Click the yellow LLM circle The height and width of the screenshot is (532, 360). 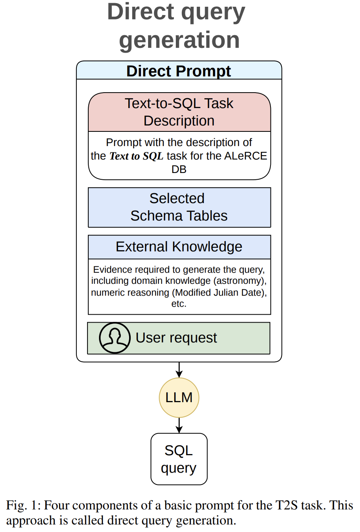tap(179, 397)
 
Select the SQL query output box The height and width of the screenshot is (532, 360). tap(179, 459)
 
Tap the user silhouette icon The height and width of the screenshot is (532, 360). tap(115, 338)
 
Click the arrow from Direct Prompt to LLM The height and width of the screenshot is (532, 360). tap(179, 370)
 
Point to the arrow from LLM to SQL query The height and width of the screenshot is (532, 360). tap(179, 426)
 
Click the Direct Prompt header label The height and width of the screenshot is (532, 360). tap(179, 71)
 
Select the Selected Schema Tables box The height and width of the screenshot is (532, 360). tap(179, 207)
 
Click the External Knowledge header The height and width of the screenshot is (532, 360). tap(179, 247)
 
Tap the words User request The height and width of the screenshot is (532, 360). tap(176, 338)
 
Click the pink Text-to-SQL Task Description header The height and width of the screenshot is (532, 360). tap(179, 112)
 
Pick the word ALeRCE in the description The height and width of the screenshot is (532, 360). tap(246, 156)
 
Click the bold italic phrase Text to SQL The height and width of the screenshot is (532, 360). tap(136, 156)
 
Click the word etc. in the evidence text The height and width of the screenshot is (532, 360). tap(179, 304)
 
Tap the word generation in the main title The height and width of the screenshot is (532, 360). tap(179, 40)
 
